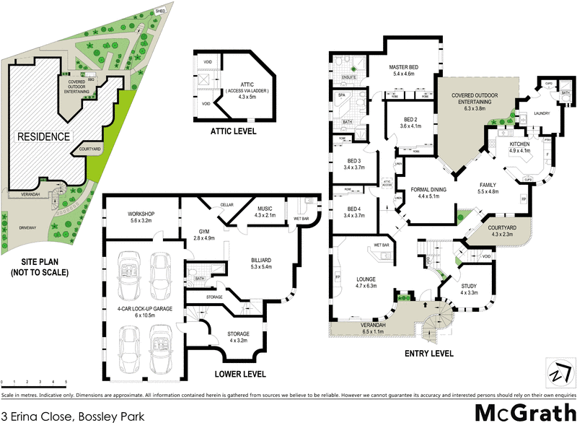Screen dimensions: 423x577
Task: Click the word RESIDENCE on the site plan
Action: (43, 136)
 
